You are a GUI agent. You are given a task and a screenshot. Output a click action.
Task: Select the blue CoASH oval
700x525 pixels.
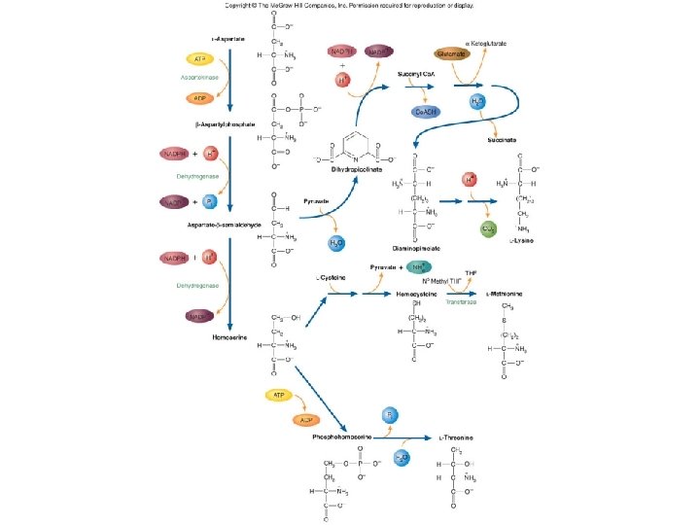pyautogui.click(x=426, y=113)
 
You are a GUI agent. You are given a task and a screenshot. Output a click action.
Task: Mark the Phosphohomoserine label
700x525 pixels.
pyautogui.click(x=345, y=437)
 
